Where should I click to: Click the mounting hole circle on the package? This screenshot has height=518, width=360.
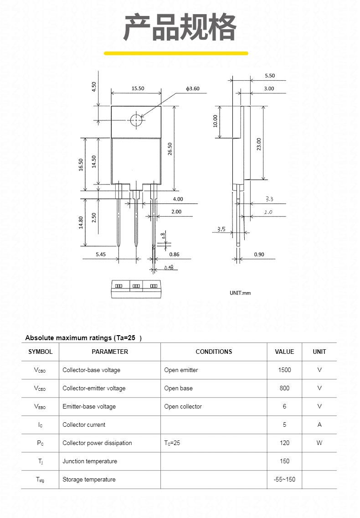pos(136,120)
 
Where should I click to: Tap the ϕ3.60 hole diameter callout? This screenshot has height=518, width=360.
pos(192,88)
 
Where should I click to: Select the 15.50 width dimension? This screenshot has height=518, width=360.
pos(138,88)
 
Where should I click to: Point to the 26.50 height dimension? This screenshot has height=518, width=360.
pos(170,149)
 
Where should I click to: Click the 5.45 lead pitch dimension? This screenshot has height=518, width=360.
pos(101,254)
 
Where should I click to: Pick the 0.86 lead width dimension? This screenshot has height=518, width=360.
pos(174,254)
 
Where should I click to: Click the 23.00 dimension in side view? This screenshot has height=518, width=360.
pos(259,144)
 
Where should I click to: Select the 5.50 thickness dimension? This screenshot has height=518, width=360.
pos(270,76)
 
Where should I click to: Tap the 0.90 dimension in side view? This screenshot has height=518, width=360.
pos(259,254)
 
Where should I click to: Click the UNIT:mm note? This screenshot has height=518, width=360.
pos(240,293)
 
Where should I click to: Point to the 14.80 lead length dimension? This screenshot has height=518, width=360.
pos(81,222)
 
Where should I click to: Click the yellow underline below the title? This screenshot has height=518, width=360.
pos(176,53)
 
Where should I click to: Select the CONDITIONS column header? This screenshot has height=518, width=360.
pos(214,352)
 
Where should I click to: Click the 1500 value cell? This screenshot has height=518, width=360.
pos(284,370)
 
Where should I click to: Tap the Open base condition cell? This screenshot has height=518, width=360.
pos(178,388)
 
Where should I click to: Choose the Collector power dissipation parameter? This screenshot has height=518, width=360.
pos(97,443)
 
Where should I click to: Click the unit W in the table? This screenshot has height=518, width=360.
pos(319,443)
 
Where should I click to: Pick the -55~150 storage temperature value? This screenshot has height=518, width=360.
pos(284,479)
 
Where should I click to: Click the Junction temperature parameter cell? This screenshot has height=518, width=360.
pos(90,461)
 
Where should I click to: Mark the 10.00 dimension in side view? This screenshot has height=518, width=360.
pos(216,121)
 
